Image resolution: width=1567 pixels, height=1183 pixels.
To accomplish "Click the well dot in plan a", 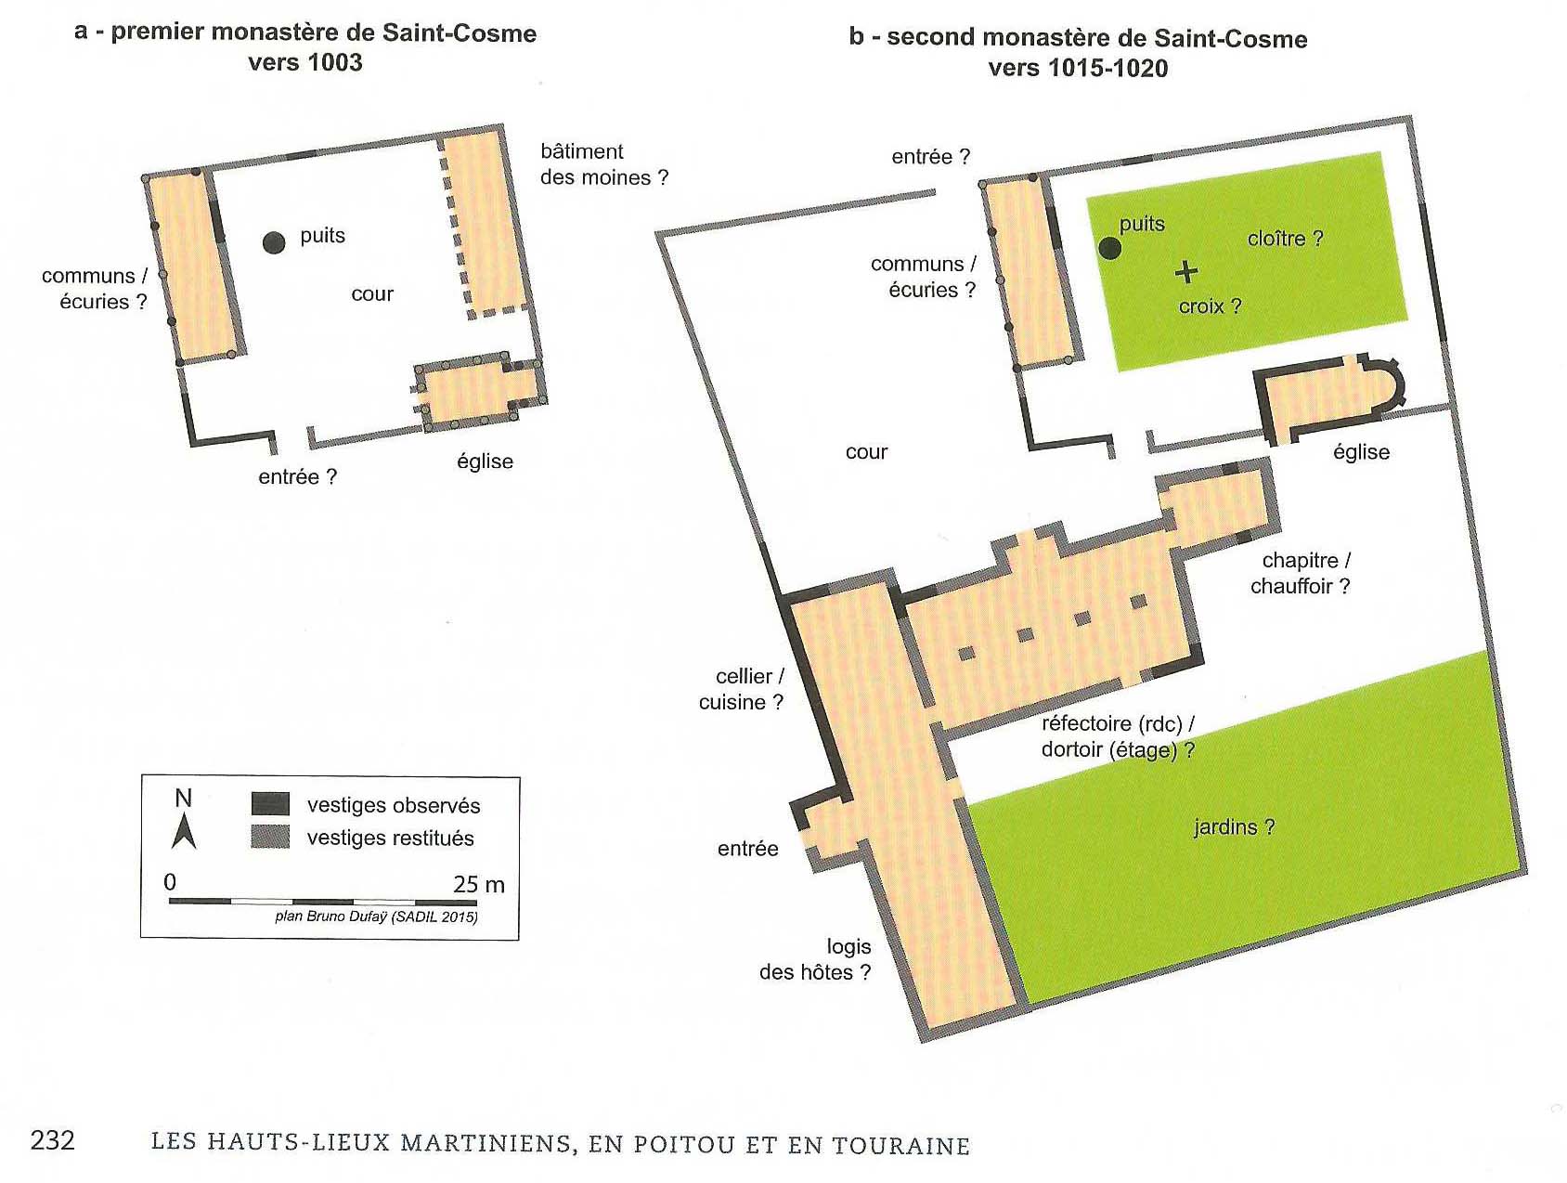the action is [x=273, y=242].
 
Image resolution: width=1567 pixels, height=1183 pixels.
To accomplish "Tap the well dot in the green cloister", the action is [x=1109, y=248].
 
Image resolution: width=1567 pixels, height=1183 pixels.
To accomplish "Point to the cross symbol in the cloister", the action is [x=1186, y=271].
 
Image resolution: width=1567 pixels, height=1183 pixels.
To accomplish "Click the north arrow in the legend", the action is [x=184, y=831].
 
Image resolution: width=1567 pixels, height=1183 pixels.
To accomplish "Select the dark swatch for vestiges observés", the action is [x=270, y=804].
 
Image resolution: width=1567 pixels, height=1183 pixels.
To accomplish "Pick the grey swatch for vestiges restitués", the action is [x=270, y=837].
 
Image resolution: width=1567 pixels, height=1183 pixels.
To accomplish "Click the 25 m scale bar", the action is [x=323, y=902].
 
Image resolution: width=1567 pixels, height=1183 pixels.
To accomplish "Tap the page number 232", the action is [x=52, y=1140].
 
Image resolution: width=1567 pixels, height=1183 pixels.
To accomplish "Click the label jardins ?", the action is [x=1234, y=826].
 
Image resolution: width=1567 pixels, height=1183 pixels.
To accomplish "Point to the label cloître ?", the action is [x=1285, y=239].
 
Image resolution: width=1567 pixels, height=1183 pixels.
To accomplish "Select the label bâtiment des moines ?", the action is [x=604, y=164].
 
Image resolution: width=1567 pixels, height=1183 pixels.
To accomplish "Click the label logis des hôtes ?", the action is [x=815, y=959].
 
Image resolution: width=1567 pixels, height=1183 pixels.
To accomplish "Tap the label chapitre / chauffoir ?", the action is [x=1301, y=573].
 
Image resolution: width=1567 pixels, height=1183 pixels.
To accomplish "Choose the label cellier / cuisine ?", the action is [x=742, y=689].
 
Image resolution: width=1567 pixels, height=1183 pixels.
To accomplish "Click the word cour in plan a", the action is [x=372, y=294].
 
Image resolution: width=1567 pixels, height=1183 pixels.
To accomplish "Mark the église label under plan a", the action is [x=485, y=461].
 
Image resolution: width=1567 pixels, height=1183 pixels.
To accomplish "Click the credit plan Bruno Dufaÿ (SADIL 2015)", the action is [x=377, y=916].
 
